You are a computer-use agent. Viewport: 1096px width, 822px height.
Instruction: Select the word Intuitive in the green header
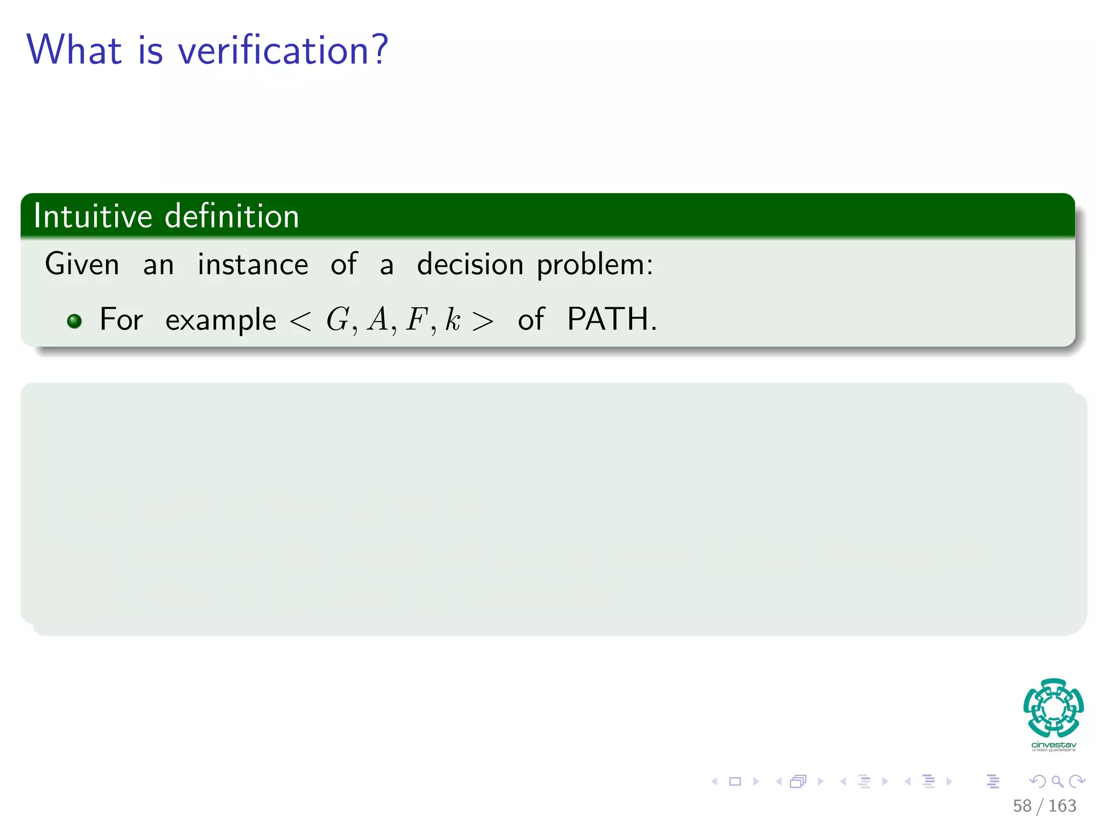[x=93, y=216]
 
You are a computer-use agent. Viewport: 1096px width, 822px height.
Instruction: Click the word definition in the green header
[x=232, y=216]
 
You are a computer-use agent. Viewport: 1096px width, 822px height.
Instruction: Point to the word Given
[x=82, y=264]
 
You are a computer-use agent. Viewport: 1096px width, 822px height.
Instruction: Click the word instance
[x=253, y=264]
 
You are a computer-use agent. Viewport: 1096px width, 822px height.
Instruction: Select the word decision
[x=470, y=264]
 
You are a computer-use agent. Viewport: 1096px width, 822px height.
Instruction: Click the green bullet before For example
[x=74, y=321]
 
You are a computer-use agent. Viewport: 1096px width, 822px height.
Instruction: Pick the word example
[x=220, y=321]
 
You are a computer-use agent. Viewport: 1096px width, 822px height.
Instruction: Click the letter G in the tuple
[x=338, y=319]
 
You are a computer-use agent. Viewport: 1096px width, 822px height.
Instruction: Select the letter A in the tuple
[x=378, y=319]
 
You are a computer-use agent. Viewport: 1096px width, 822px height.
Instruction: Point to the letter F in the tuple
[x=416, y=319]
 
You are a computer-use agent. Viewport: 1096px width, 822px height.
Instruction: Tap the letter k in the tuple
[x=453, y=319]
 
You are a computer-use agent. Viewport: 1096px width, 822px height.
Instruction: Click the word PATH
[x=611, y=319]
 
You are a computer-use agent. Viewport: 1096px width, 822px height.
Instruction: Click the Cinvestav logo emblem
[x=1053, y=707]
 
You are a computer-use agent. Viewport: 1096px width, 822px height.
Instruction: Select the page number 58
[x=1022, y=805]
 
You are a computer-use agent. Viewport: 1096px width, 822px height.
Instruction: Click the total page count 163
[x=1062, y=805]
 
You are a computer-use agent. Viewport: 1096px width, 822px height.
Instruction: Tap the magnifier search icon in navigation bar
[x=1057, y=781]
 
